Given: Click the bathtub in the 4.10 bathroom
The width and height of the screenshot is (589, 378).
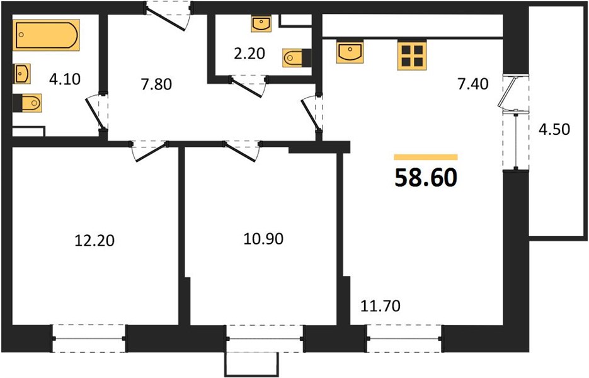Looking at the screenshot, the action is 46,35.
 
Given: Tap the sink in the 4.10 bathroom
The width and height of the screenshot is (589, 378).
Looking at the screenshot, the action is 22,74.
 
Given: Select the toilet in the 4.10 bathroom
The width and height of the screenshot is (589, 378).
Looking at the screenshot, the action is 27,103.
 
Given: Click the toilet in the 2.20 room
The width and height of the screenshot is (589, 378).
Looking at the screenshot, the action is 297,58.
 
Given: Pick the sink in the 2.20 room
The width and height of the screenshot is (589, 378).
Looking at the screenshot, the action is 261,24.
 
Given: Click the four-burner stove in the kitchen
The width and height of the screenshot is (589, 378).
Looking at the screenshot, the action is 412,55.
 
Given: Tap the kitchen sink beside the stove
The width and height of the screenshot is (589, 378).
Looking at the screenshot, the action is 350,52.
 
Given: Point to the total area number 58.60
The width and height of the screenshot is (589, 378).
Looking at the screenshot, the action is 426,178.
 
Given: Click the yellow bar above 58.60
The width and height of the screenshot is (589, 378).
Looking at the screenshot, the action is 426,157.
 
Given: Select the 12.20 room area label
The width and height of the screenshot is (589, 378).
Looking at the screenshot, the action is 94,241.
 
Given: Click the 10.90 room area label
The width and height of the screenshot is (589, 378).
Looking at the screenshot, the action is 263,239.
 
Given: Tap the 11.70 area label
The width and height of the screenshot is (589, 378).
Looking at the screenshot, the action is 380,306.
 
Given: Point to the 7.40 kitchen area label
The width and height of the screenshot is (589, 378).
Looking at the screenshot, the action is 473,84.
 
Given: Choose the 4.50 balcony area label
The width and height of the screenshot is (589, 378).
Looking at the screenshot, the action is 554,129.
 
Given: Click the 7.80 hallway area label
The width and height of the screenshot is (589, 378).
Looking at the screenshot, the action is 156,84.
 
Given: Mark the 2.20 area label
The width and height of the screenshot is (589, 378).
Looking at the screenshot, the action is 249,54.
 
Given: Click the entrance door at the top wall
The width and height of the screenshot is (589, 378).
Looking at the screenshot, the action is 169,16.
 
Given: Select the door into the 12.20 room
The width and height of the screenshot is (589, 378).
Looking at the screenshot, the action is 149,151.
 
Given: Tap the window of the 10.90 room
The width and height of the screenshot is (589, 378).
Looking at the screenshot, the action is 265,338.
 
